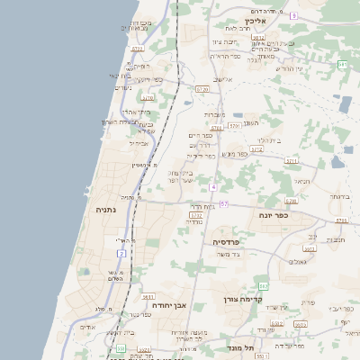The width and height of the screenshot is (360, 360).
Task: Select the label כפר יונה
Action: coord(273,215)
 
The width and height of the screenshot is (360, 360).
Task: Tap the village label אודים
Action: coord(87,327)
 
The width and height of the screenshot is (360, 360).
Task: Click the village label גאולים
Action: coord(297,261)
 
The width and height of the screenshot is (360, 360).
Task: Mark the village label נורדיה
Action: coord(193,221)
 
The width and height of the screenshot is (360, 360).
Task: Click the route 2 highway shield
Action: coord(121,254)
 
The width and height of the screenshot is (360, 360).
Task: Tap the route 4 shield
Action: coord(213,186)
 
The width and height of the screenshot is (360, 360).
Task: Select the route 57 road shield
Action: coord(223,204)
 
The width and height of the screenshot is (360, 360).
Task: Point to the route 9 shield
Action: coord(293,15)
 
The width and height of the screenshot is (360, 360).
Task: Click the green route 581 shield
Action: coord(342,65)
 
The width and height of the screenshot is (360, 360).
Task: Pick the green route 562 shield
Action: coord(262,286)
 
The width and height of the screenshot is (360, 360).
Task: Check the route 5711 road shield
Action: coord(291,160)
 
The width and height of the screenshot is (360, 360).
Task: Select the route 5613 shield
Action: coord(148,296)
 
